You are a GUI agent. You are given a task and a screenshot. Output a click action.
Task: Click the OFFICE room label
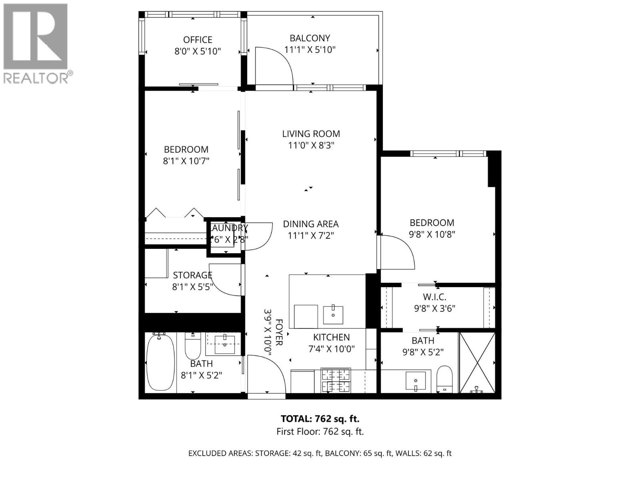point(198,40)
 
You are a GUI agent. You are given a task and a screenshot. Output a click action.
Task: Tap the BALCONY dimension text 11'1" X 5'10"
point(310,50)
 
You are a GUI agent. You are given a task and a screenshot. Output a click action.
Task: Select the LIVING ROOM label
point(311,134)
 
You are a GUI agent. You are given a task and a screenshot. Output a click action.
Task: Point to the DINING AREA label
point(311,224)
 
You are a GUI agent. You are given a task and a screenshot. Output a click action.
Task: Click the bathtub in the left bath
point(160,362)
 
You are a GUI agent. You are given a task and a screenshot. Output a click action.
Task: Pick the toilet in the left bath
point(193,347)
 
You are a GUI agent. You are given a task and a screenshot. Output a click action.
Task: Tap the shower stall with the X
point(477,362)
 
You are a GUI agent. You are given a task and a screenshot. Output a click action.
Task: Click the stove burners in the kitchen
point(336,380)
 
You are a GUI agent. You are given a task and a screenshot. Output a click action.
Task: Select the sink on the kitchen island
point(332,314)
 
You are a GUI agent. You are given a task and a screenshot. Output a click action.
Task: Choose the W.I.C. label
point(434,297)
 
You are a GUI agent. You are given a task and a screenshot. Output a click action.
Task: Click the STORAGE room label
point(192,275)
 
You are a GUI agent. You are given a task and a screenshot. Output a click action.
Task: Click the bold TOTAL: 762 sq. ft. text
point(320,419)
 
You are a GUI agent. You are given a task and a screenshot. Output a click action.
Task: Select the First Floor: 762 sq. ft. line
point(320,432)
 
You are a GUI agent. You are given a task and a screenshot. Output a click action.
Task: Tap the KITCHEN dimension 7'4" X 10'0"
point(332,349)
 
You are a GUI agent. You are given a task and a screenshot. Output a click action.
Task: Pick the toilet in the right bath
point(444,378)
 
